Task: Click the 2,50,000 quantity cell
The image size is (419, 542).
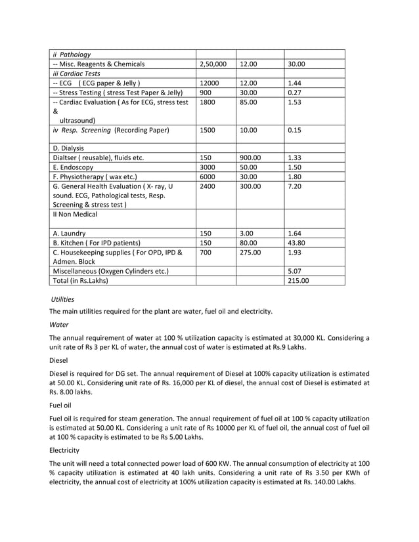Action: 213,64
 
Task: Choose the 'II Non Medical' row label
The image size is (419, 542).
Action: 75,214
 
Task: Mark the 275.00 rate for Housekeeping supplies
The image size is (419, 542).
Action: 252,253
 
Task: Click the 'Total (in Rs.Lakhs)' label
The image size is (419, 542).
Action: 80,280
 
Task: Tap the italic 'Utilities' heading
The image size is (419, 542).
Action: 63,299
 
